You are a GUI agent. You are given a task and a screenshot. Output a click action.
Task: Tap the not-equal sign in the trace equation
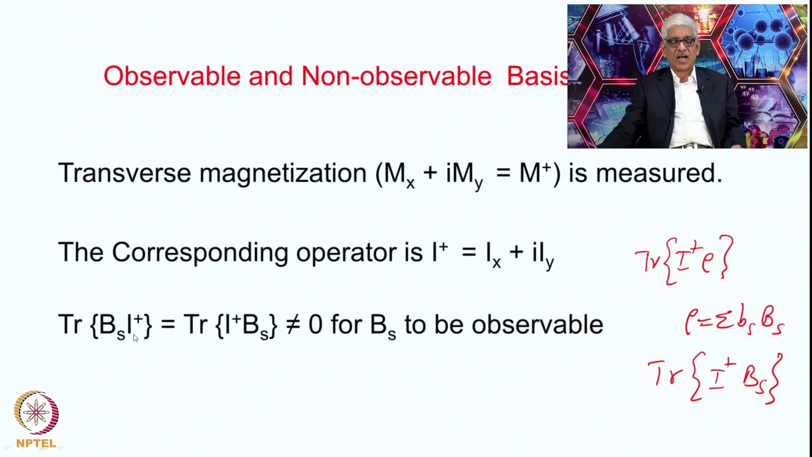click(x=292, y=324)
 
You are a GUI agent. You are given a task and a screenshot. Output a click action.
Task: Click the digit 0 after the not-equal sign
click(x=315, y=324)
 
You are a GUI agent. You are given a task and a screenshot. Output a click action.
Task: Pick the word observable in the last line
click(x=537, y=324)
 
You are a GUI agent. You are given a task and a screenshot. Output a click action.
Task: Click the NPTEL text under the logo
click(x=36, y=443)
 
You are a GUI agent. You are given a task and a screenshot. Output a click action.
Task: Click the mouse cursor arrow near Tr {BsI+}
click(x=135, y=338)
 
